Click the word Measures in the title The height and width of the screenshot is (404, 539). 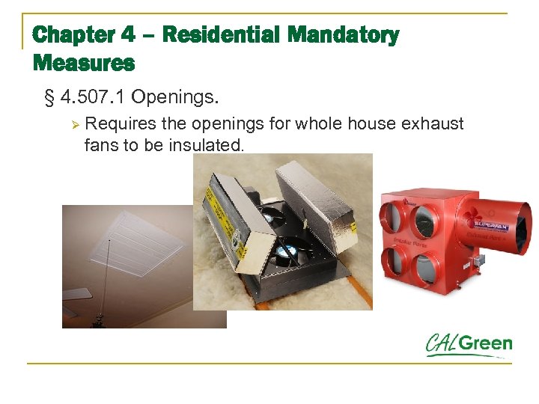click(84, 63)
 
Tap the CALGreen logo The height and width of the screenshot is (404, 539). click(469, 345)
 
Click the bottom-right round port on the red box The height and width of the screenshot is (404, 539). click(429, 266)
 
